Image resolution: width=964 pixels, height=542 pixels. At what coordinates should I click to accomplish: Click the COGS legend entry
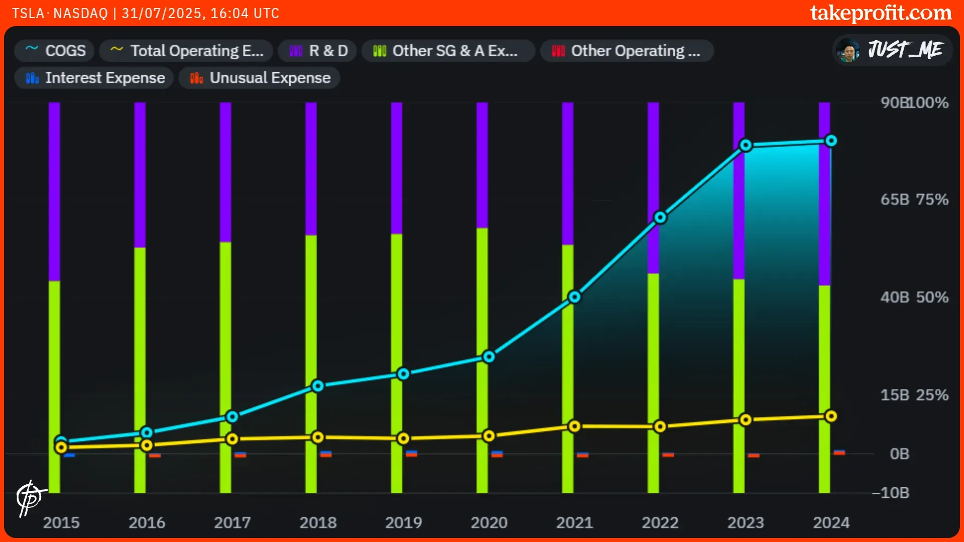(x=55, y=51)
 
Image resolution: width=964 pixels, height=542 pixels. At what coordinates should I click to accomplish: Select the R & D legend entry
(x=318, y=51)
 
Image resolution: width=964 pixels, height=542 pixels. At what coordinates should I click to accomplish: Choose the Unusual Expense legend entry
(x=260, y=78)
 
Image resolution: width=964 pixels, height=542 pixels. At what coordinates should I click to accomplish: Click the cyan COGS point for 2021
(x=574, y=297)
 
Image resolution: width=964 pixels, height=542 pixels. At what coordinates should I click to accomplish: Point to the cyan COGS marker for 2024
(x=831, y=141)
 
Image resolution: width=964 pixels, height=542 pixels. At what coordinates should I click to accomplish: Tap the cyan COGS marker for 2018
(x=318, y=386)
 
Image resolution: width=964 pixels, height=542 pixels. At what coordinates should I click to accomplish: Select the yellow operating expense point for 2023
(x=746, y=420)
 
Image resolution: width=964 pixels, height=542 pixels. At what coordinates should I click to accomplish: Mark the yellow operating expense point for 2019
(x=403, y=439)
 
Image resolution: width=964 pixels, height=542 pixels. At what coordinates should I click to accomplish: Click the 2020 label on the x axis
(x=489, y=522)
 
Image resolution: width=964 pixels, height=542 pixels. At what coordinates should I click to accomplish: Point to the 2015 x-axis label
(x=61, y=522)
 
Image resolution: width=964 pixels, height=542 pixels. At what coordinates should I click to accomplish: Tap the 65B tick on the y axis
(x=895, y=199)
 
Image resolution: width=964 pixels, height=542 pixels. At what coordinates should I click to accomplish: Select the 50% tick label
(x=932, y=297)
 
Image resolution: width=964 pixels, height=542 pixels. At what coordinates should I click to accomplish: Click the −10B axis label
(x=891, y=493)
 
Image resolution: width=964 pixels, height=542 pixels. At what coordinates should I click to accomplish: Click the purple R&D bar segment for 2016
(x=140, y=176)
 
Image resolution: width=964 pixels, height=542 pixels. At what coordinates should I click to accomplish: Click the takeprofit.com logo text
(x=881, y=13)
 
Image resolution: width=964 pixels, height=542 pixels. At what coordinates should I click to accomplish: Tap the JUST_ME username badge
(x=893, y=50)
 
